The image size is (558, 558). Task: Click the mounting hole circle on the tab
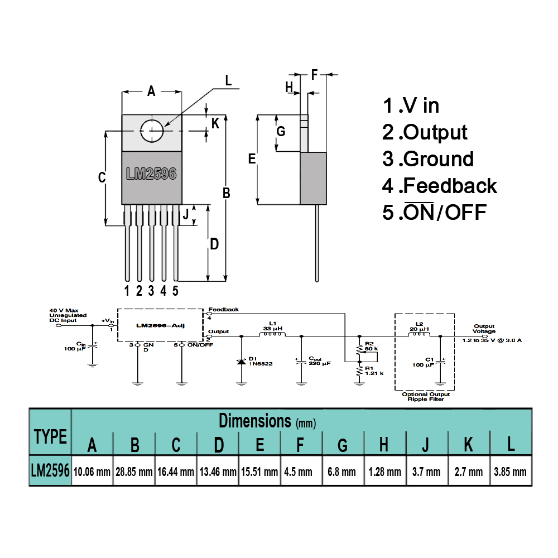pyautogui.click(x=152, y=132)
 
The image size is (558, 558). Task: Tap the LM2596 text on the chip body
pyautogui.click(x=151, y=174)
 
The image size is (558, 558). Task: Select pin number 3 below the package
pyautogui.click(x=151, y=290)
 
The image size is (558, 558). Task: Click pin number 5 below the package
pyautogui.click(x=175, y=290)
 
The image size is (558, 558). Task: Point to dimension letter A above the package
pyautogui.click(x=151, y=92)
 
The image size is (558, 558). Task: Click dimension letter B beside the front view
pyautogui.click(x=227, y=193)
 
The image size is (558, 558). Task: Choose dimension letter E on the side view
pyautogui.click(x=252, y=160)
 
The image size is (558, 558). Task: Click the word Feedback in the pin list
pyautogui.click(x=450, y=186)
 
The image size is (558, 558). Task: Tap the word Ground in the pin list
pyautogui.click(x=438, y=159)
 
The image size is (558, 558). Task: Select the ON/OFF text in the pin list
pyautogui.click(x=445, y=213)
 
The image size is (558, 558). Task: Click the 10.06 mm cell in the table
pyautogui.click(x=92, y=472)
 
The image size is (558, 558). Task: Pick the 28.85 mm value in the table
pyautogui.click(x=134, y=472)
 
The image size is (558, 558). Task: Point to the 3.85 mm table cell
pyautogui.click(x=510, y=472)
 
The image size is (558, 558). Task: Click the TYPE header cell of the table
pyautogui.click(x=50, y=436)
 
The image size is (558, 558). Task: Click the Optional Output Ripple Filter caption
pyautogui.click(x=426, y=397)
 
